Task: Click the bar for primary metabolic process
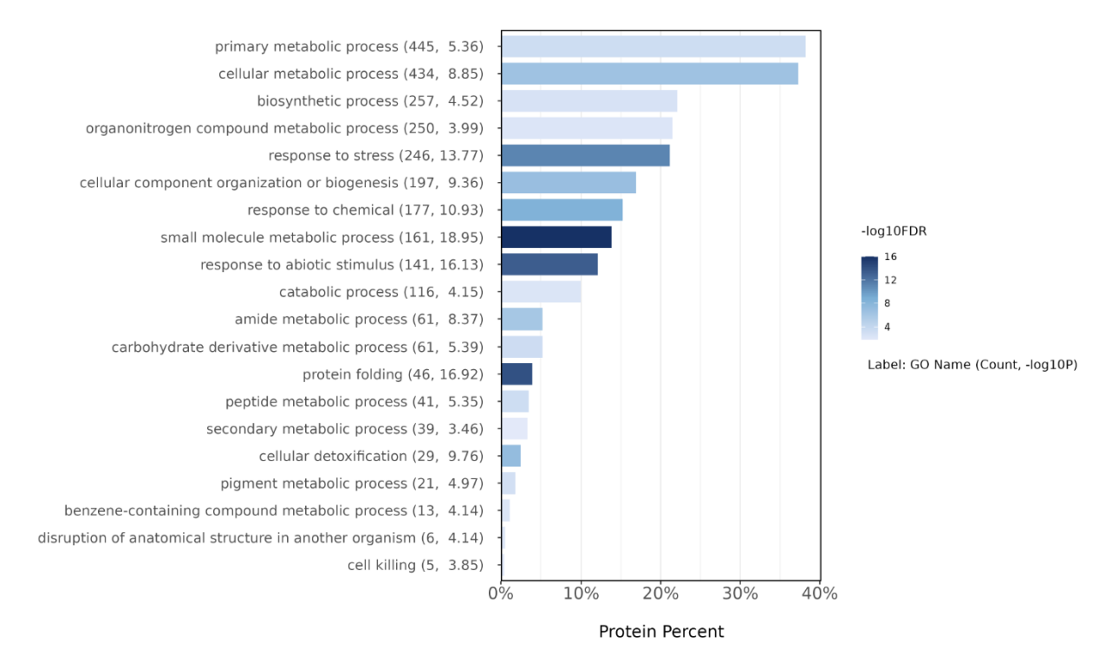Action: [x=654, y=47]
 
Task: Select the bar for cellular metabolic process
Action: [x=650, y=74]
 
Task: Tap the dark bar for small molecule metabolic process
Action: [x=556, y=237]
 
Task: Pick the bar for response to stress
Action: [x=586, y=155]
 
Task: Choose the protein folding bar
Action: [x=517, y=374]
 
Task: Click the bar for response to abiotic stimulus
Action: [x=550, y=264]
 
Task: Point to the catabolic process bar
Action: [x=542, y=292]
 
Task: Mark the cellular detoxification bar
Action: [x=511, y=457]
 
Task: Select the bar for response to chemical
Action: [x=563, y=210]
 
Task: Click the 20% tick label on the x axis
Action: [x=660, y=594]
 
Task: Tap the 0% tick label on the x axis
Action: [x=501, y=594]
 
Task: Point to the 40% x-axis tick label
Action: [x=820, y=594]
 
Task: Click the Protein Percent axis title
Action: [x=660, y=632]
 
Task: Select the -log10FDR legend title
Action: [x=894, y=231]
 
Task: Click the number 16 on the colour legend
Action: [x=890, y=256]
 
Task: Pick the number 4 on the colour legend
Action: [x=887, y=327]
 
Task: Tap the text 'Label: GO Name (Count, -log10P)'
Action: [x=972, y=365]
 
